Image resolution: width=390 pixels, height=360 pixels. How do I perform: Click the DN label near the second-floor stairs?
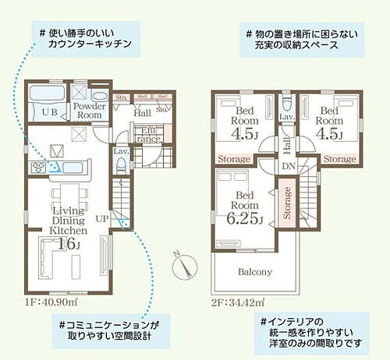click(x=288, y=166)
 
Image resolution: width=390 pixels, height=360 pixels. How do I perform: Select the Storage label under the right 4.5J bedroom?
click(x=339, y=158)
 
